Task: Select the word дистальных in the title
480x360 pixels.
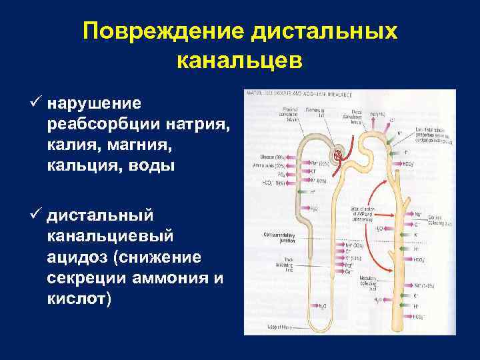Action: click(323, 32)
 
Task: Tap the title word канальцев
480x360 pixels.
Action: click(240, 61)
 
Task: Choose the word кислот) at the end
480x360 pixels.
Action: click(80, 299)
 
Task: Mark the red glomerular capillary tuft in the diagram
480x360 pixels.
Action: click(341, 153)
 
